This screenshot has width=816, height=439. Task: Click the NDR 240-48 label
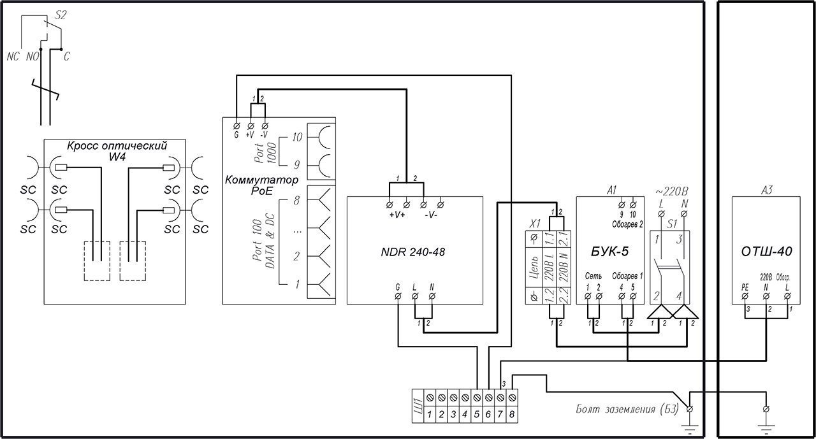click(412, 252)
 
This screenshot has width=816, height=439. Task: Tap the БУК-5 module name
click(610, 252)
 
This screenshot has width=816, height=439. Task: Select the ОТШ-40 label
click(766, 252)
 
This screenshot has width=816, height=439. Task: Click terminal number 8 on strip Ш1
click(512, 414)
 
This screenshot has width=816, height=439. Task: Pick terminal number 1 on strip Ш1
click(430, 414)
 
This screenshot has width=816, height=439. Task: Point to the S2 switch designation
click(61, 15)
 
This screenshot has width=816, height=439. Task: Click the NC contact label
click(13, 57)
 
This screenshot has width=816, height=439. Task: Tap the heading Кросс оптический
click(117, 146)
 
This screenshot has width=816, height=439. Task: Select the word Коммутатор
click(261, 180)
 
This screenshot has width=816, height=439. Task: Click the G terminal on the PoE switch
click(237, 126)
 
